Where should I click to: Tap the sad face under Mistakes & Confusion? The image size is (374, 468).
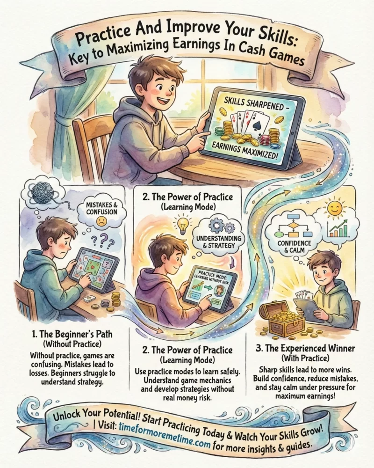(101, 221)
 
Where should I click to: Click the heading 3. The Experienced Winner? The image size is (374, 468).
(305, 348)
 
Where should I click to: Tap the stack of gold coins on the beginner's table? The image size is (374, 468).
(115, 300)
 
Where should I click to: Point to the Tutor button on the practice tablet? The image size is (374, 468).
(216, 302)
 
